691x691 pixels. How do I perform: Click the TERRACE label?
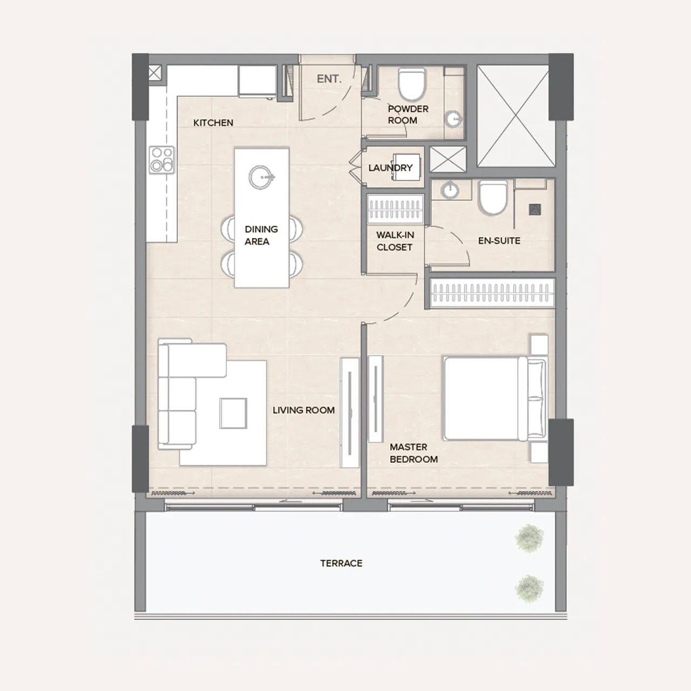coord(341,564)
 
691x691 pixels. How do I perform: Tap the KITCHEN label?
coord(213,123)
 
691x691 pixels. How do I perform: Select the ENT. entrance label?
coord(329,79)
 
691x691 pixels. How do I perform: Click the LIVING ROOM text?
coord(303,410)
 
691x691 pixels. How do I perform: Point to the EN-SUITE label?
coord(499,241)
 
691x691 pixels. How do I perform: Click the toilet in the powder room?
coord(411,85)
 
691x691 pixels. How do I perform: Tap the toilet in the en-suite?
coord(493,198)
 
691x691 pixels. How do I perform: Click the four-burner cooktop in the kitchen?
coord(162,160)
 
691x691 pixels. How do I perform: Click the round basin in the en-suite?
coord(450,190)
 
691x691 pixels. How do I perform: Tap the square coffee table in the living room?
coord(233,413)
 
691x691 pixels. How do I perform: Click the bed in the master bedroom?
coord(495,398)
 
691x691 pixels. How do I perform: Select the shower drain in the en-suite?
coord(535,209)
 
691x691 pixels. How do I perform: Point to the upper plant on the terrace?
coord(529,538)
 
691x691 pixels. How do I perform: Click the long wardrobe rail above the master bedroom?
coord(492,293)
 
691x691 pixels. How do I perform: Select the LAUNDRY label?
coord(390,168)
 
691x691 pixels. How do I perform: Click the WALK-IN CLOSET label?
coord(395,241)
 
